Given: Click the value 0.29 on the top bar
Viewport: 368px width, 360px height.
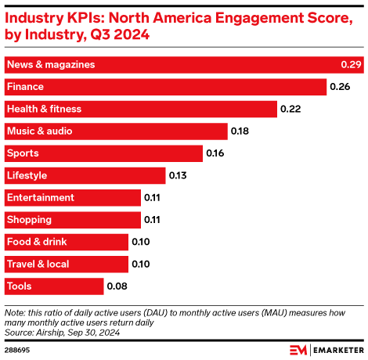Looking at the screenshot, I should (x=350, y=64).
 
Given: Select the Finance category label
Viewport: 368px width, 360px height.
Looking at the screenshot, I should (x=24, y=86).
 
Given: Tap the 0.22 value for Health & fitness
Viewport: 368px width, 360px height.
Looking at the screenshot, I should (x=290, y=109).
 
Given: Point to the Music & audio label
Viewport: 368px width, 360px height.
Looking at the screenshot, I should (x=39, y=131).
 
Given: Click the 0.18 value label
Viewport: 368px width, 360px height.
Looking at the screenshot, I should (x=240, y=131).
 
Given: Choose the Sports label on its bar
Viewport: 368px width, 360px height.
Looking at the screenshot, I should (x=22, y=153).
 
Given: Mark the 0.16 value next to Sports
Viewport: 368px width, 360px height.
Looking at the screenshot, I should (x=215, y=153).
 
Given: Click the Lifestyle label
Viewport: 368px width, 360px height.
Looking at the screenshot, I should (x=27, y=175).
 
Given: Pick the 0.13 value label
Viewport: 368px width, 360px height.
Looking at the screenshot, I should (x=177, y=175).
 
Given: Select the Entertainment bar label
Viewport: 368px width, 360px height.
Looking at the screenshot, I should (x=40, y=198).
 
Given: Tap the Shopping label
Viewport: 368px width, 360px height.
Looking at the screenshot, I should (x=29, y=220).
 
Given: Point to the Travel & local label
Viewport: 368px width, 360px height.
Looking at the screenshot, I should (x=38, y=265).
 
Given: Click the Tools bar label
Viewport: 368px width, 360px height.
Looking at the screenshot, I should (x=20, y=286).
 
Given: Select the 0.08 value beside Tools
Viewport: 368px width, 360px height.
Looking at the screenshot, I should (x=117, y=286).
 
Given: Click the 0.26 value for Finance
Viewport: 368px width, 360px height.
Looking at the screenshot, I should (x=338, y=86).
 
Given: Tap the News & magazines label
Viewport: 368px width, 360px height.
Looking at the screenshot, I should (x=50, y=64).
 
